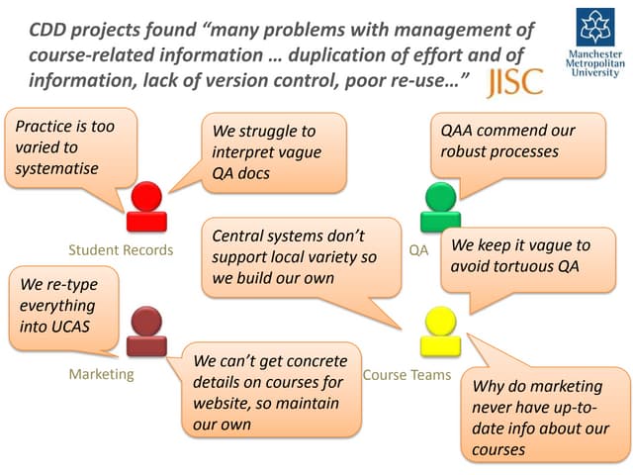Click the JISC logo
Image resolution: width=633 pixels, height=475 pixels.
[515, 82]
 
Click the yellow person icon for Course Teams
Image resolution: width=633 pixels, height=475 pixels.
[439, 332]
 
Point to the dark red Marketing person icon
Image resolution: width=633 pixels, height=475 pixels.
[146, 332]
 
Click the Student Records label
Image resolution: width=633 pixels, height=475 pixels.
[121, 250]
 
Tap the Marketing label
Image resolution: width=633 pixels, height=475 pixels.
[101, 374]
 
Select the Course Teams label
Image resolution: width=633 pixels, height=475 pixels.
[407, 374]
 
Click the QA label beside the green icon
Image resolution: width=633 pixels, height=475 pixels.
[418, 250]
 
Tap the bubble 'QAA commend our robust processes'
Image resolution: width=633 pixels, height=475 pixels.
[514, 142]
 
